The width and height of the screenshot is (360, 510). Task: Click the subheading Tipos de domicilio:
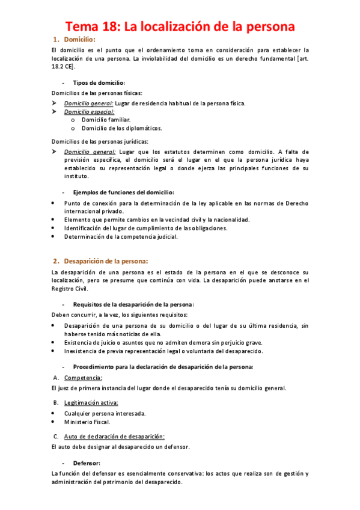(99, 82)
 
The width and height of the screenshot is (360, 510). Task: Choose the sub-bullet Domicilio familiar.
(106, 120)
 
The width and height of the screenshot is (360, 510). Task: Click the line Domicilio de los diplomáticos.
(122, 127)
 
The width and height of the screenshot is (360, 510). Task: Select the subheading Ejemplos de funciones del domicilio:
(123, 192)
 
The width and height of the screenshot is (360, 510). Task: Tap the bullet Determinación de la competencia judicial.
(121, 236)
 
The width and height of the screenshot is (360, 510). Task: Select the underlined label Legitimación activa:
(91, 402)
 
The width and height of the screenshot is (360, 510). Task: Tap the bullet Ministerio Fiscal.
(87, 422)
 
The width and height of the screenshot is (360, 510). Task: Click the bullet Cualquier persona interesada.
(105, 413)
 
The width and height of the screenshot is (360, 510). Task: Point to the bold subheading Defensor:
(87, 463)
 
